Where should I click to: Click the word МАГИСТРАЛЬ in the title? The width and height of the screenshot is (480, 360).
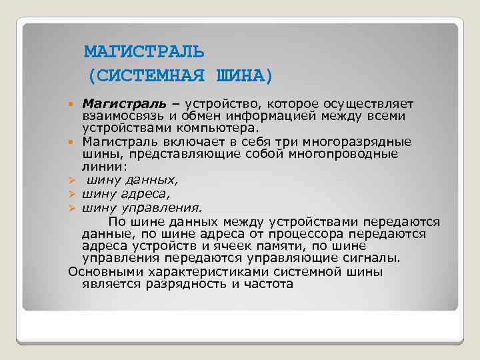(145, 51)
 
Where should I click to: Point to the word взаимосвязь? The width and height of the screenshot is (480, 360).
(119, 116)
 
